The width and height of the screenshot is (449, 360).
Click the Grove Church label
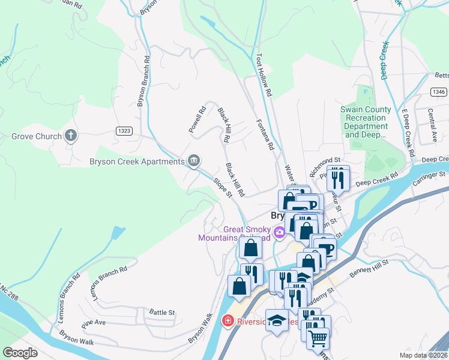37,136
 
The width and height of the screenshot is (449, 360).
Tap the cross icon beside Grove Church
71,136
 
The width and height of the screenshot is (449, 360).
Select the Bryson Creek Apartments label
136,161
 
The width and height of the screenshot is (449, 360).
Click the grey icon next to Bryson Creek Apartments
194,160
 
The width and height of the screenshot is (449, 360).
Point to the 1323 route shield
124,130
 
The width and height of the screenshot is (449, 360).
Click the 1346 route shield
438,92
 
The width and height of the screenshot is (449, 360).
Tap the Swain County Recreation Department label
366,122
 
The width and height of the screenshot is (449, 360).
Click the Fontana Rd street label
265,133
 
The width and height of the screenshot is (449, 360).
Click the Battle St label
161,313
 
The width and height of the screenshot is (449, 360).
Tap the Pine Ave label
94,322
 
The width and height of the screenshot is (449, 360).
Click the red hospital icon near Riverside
228,321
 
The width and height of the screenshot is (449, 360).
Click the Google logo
20,352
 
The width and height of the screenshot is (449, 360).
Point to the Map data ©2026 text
424,355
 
